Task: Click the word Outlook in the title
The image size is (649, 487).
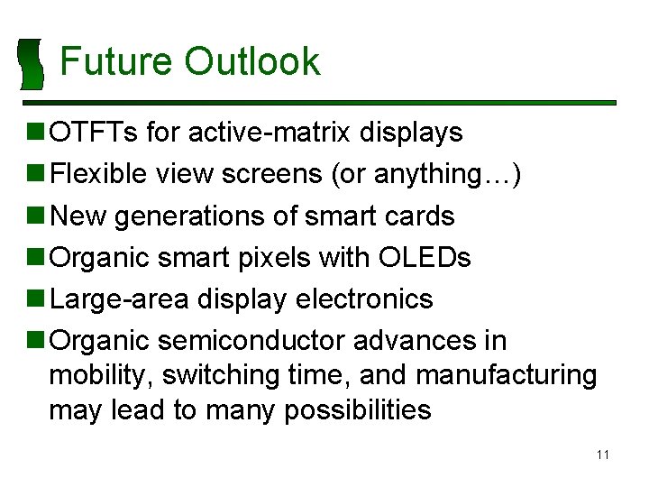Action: pos(251,61)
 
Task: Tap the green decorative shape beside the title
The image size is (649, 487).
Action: pos(32,64)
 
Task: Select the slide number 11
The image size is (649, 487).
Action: pos(602,455)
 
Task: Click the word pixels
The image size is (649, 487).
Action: pos(275,258)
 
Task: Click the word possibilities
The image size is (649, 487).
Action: pos(357,410)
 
